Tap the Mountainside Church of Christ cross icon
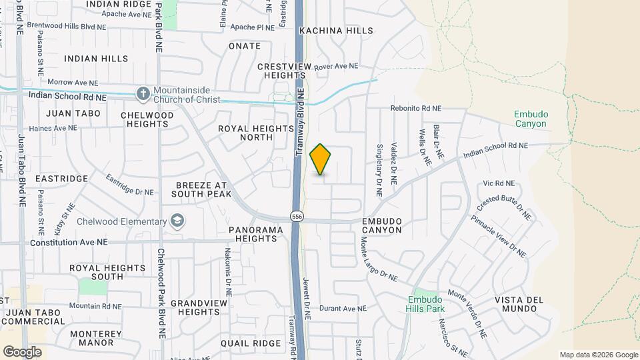point(143,94)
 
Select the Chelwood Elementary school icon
point(177,221)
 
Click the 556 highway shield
point(297,216)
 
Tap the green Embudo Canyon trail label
point(530,119)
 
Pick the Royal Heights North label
point(245,133)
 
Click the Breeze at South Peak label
point(201,189)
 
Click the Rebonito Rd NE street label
point(416,108)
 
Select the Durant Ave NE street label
point(343,309)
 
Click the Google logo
point(22,352)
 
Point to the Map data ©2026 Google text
point(598,355)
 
